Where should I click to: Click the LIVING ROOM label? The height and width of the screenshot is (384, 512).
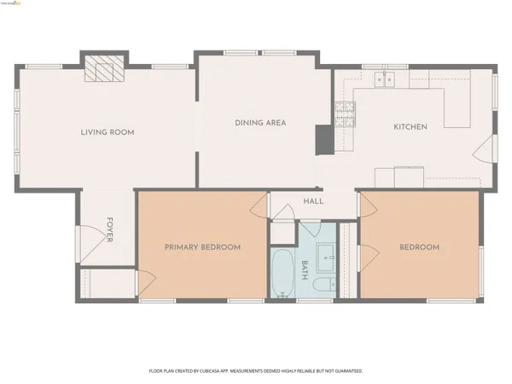(x=108, y=132)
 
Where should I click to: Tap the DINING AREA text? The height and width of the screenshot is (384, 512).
(x=260, y=123)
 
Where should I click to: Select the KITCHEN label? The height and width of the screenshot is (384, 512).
(x=410, y=127)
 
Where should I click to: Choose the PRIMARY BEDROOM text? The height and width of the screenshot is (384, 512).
(x=202, y=247)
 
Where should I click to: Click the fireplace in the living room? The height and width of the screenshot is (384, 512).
(x=102, y=69)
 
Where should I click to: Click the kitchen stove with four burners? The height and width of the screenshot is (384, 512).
(x=344, y=113)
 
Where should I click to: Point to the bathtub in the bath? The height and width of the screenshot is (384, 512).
(x=282, y=273)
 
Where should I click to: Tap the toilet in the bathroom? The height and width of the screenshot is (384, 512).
(x=323, y=284)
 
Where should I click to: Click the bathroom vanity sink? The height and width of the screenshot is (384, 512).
(x=324, y=255)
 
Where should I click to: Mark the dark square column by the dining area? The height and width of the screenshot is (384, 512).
(x=323, y=139)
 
